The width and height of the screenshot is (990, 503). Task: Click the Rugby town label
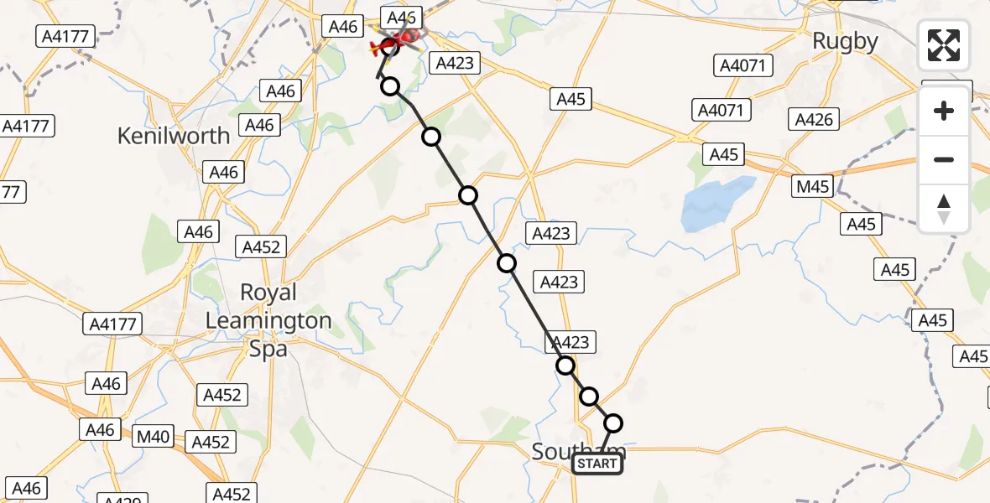(x=845, y=41)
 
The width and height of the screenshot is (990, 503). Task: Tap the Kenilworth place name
(x=174, y=135)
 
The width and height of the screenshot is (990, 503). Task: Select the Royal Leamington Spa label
(x=268, y=320)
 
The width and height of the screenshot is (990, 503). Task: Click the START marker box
(x=597, y=464)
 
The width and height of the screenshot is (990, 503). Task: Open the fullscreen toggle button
(x=944, y=45)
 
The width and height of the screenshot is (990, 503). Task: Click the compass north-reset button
(x=944, y=208)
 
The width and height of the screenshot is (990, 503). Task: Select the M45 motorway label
(x=813, y=186)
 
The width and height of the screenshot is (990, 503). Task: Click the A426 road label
(x=814, y=120)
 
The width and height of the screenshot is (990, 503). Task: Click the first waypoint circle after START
(x=613, y=423)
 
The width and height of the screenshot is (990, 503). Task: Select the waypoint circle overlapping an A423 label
(x=565, y=366)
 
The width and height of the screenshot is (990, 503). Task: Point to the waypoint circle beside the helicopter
(x=389, y=47)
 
